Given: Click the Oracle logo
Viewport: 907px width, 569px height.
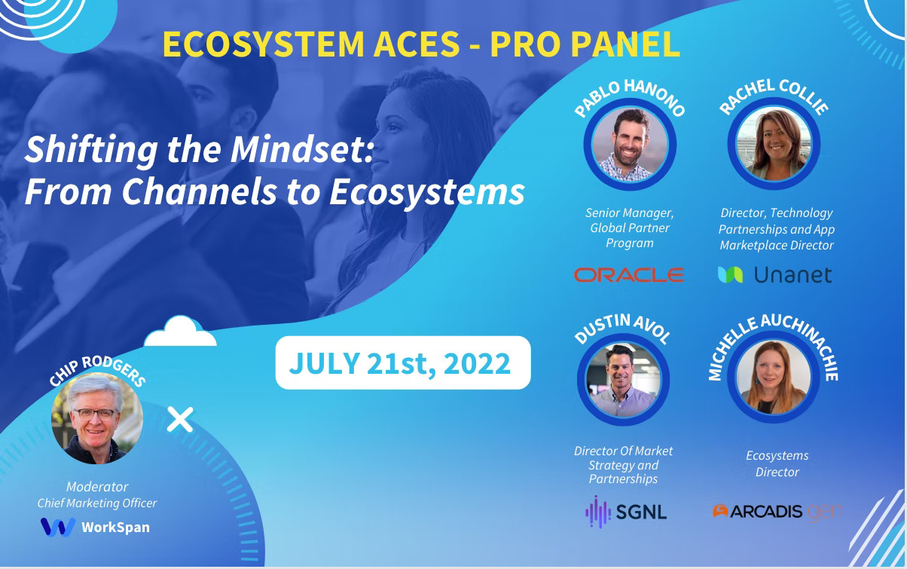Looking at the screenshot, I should pos(629,274).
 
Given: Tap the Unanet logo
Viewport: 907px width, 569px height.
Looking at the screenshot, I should pos(774,275).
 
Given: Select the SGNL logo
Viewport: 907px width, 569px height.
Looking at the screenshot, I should pos(626,512).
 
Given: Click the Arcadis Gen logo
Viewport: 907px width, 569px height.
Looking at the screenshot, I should pos(777,511).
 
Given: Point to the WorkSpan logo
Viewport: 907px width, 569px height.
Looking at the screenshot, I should pos(95,527).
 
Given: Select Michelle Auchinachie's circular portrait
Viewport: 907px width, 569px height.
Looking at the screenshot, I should pos(774,379).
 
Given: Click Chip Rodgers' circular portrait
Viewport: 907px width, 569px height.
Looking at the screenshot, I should pos(96,418).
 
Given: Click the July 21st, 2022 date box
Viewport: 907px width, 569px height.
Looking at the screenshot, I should pos(402,363).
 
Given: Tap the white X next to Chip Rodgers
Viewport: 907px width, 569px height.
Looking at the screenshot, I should pos(180,419).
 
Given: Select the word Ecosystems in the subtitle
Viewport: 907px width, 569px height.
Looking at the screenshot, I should pos(427,192).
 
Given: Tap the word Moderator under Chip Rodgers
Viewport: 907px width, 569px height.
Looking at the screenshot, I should pos(97,487).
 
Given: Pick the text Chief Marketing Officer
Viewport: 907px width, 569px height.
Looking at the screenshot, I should pos(97,503).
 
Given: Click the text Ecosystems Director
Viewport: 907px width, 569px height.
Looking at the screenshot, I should pos(777,463).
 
